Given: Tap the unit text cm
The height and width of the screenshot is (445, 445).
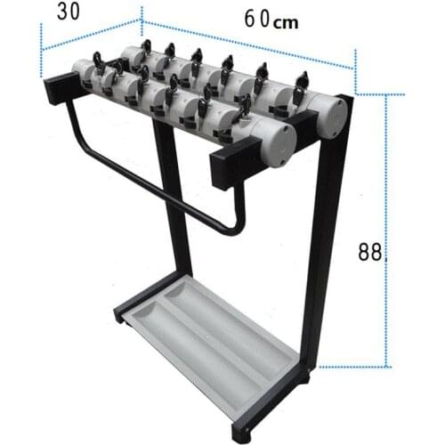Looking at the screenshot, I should [x=285, y=23].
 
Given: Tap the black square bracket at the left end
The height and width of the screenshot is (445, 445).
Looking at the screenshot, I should [x=61, y=89].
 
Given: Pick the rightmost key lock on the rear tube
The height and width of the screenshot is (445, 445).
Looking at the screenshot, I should [x=301, y=83].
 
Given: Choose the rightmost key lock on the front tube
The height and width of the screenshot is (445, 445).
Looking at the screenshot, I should [x=245, y=107].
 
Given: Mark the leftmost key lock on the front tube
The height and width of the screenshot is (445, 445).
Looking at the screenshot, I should [x=99, y=64].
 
